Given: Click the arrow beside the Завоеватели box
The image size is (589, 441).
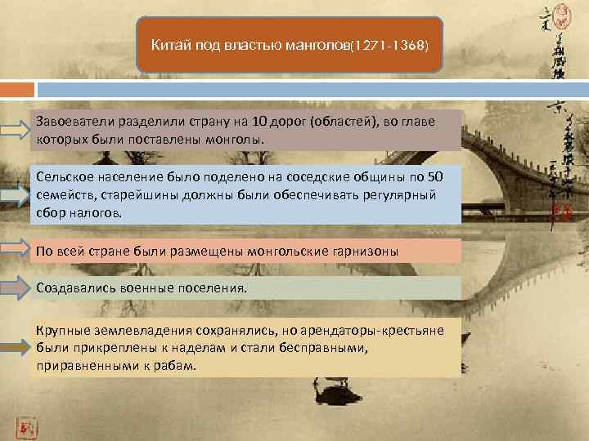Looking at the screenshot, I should click(x=16, y=130).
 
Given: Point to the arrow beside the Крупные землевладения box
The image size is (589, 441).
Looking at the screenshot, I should click(x=16, y=347).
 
